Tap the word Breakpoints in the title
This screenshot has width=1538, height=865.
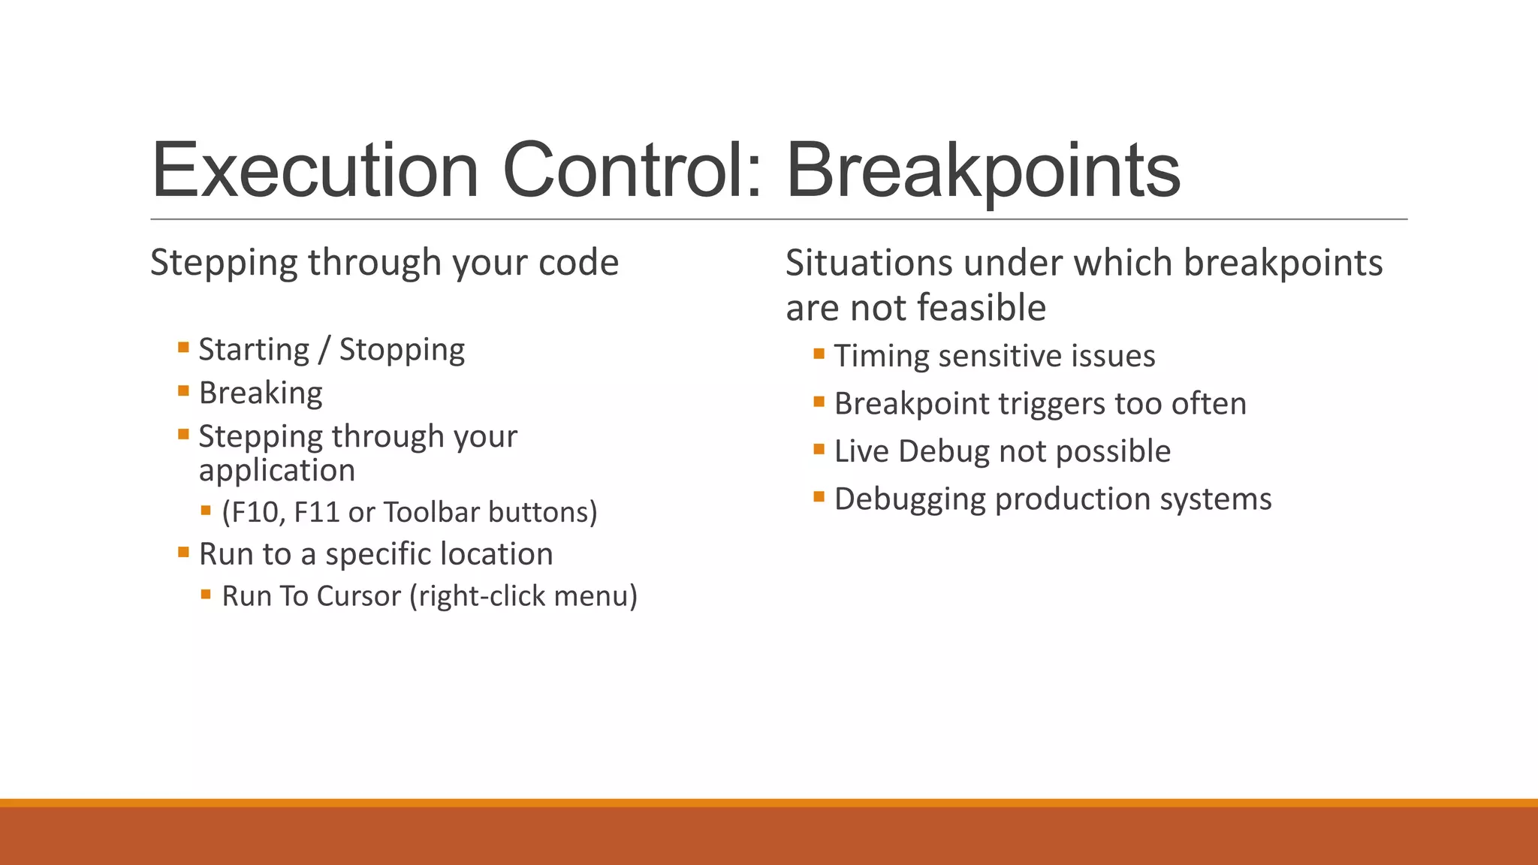982,171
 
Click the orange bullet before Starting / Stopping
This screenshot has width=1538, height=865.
183,347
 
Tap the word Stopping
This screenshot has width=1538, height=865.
402,350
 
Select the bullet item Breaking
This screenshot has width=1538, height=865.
261,393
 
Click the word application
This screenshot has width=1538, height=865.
276,471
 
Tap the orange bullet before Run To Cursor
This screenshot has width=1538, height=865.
206,594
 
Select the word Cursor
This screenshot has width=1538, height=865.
359,596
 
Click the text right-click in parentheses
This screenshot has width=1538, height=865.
481,596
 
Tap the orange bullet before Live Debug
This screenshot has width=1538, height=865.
819,449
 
